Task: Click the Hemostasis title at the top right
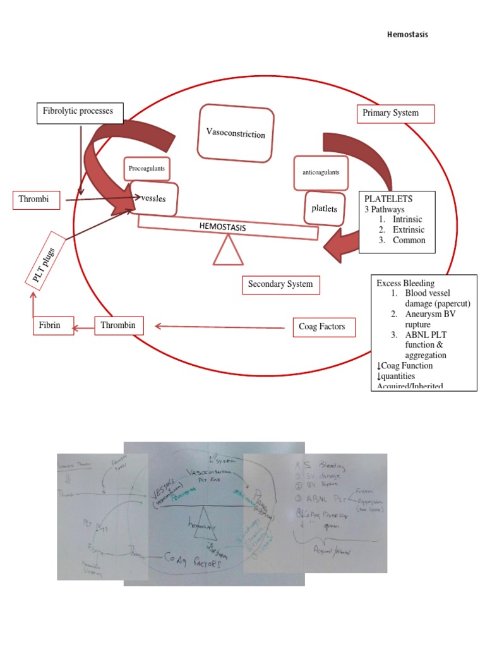(407, 35)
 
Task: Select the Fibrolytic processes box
(78, 111)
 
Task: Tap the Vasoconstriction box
(236, 133)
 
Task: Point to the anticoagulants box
(321, 172)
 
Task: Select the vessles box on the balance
(153, 198)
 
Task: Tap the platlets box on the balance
(324, 208)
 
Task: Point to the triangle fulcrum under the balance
(227, 251)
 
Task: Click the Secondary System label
(280, 284)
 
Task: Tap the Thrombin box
(119, 326)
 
